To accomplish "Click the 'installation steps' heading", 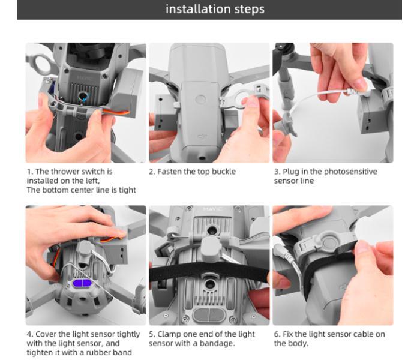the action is point(215,9).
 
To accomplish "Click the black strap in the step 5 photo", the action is point(209,271).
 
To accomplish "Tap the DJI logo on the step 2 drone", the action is point(203,137).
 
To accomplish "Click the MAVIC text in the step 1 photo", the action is point(85,78).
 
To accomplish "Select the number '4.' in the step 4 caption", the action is point(30,334).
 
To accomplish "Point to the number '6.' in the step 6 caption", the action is point(277,334).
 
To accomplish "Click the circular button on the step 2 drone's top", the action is point(201,100).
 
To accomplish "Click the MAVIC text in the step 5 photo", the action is point(212,209).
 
